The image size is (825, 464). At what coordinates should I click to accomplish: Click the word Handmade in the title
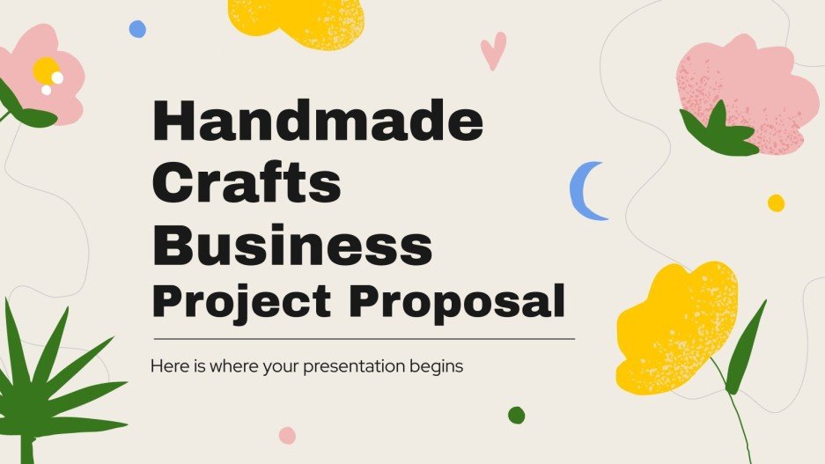(x=318, y=123)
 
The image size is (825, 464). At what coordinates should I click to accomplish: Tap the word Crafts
(x=247, y=185)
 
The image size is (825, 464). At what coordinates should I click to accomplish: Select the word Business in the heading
(x=292, y=243)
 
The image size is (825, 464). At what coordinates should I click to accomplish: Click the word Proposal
(x=457, y=302)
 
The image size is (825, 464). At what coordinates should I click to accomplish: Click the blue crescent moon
(x=583, y=190)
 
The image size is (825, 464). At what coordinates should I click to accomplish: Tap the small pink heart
(x=492, y=49)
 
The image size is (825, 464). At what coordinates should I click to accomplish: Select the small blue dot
(x=137, y=29)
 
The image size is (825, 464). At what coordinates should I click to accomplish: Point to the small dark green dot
(x=516, y=415)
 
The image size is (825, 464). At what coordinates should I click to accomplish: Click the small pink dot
(x=287, y=435)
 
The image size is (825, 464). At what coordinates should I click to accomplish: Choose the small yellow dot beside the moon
(x=776, y=203)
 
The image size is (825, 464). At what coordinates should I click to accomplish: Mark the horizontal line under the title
(x=364, y=338)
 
